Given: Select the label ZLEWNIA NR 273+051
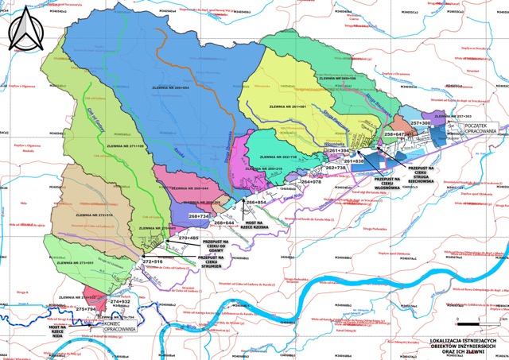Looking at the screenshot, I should (x=77, y=262).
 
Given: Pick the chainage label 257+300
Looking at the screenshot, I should (x=420, y=123).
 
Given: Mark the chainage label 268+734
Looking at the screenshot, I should (x=198, y=216).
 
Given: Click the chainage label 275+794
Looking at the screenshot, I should (x=84, y=308).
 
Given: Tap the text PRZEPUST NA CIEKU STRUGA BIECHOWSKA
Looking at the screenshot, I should (x=425, y=176).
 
